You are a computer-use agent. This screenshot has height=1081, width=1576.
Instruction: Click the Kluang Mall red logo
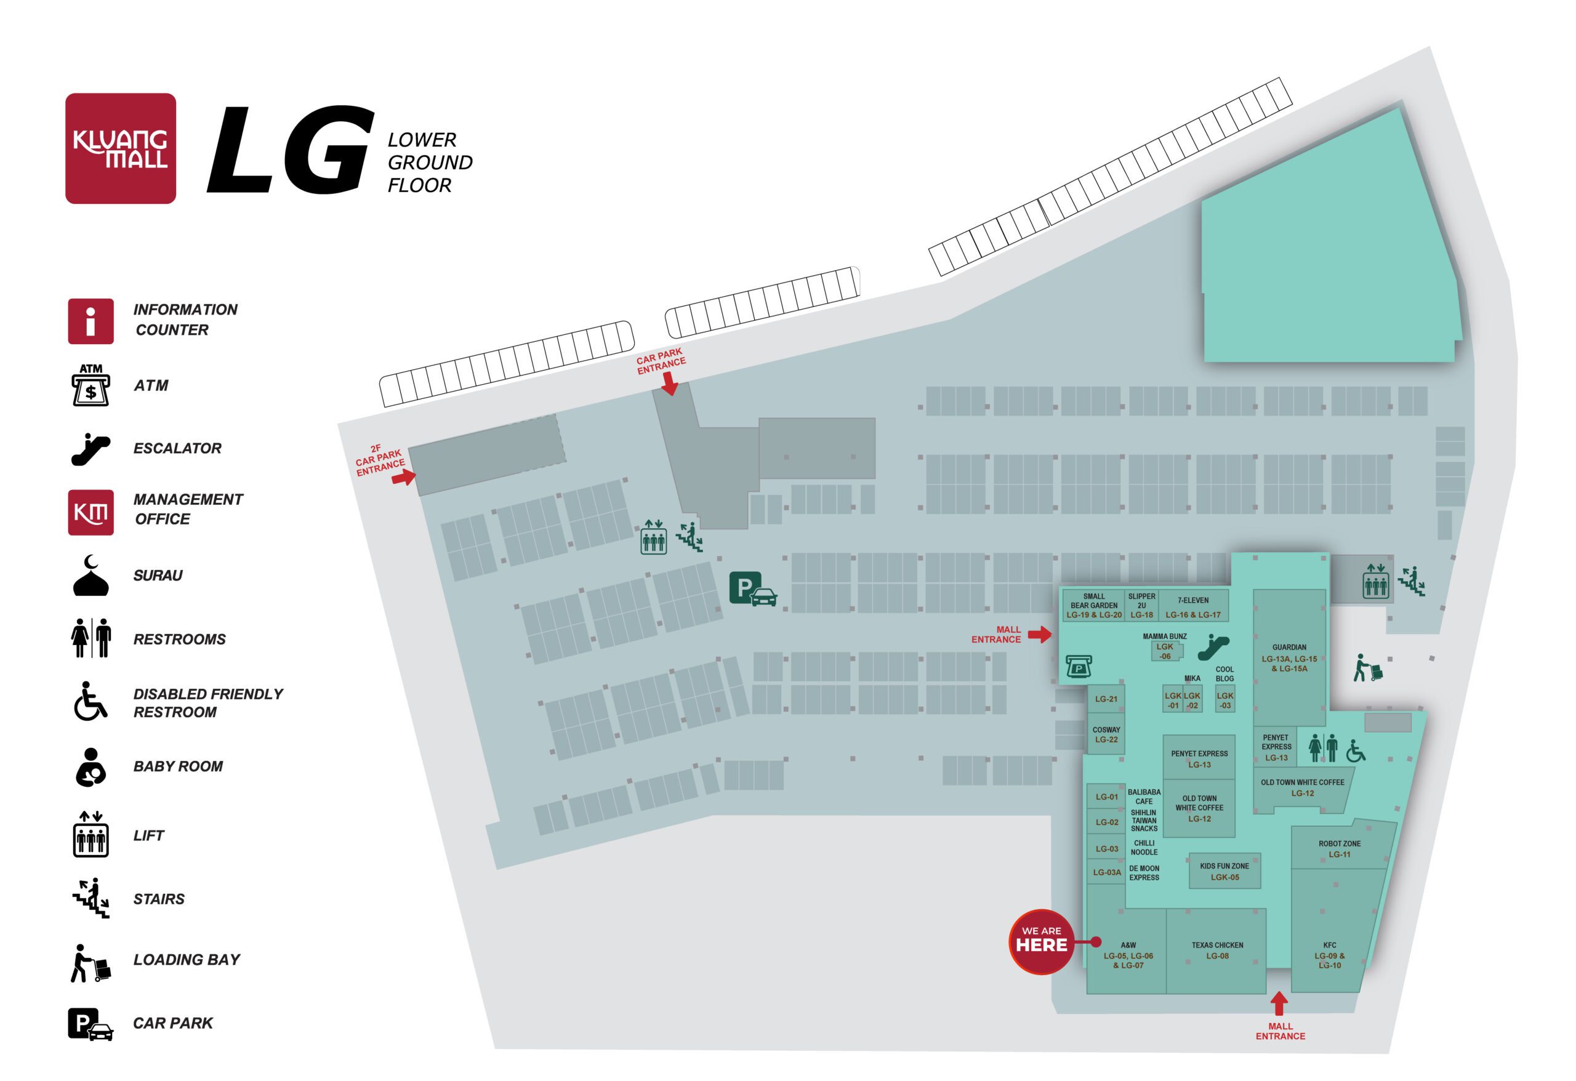pyautogui.click(x=120, y=148)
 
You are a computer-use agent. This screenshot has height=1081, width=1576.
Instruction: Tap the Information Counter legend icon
pyautogui.click(x=90, y=321)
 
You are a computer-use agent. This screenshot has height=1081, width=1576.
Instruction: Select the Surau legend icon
pyautogui.click(x=90, y=576)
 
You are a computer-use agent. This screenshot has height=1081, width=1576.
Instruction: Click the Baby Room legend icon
pyautogui.click(x=90, y=766)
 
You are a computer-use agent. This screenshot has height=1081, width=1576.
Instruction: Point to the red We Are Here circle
pyautogui.click(x=1040, y=941)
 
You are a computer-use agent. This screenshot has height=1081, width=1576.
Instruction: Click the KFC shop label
pyautogui.click(x=1329, y=954)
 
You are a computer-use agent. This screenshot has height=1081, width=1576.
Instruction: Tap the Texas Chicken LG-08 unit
pyautogui.click(x=1216, y=950)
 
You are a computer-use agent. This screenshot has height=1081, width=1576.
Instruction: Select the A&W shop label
pyautogui.click(x=1128, y=954)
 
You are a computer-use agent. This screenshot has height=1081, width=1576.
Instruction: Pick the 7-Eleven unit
pyautogui.click(x=1192, y=606)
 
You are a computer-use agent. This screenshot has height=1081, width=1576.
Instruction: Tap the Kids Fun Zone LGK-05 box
pyautogui.click(x=1224, y=870)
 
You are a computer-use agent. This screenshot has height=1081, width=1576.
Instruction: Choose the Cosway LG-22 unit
pyautogui.click(x=1106, y=734)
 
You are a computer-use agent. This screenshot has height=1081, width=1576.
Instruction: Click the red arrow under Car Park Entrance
pyautogui.click(x=669, y=384)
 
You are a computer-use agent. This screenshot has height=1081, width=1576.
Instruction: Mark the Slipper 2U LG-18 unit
pyautogui.click(x=1141, y=606)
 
